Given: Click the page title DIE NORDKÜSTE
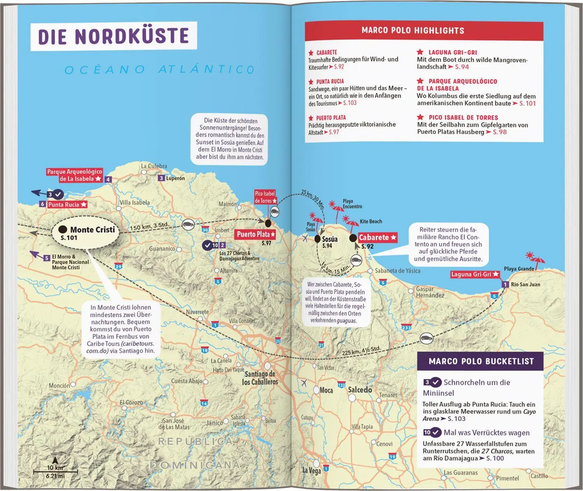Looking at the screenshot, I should point(113,36).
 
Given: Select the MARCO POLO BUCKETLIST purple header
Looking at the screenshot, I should point(481,361).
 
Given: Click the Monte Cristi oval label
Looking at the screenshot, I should point(85,233).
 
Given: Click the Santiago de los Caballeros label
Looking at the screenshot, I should point(260,378).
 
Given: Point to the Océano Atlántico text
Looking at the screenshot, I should point(159,70).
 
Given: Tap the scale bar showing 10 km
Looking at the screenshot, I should point(55,471).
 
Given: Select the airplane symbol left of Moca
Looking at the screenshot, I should point(304,382).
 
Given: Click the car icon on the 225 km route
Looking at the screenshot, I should point(426,338).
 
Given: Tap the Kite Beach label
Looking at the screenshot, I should point(371,221).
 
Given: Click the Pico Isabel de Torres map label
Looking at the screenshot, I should point(265,197).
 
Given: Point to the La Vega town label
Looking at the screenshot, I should point(312,471).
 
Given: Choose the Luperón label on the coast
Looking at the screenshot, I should point(175,178).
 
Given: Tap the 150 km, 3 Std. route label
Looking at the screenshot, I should point(150,226).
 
